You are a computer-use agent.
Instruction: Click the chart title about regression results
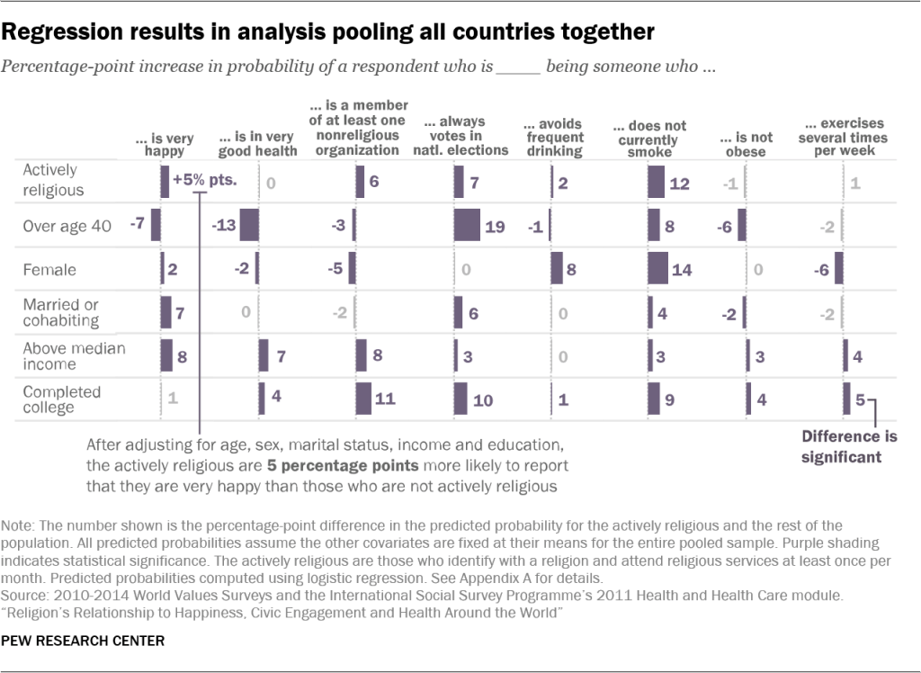[328, 32]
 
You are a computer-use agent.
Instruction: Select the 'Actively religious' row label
[53, 180]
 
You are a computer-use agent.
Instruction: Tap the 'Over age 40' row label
[67, 227]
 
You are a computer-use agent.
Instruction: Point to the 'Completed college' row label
[61, 399]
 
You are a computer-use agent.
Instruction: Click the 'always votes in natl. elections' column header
[461, 136]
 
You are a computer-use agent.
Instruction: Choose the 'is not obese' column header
[746, 144]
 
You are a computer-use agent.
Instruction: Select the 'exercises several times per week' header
[842, 138]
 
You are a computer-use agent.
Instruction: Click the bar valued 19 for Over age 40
[467, 225]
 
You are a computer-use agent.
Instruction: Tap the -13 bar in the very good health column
[249, 225]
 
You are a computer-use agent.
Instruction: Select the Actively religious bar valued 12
[656, 183]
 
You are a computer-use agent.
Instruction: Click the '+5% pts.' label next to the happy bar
[204, 179]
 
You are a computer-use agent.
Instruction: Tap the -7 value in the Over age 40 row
[138, 224]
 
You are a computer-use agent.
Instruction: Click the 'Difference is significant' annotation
[841, 446]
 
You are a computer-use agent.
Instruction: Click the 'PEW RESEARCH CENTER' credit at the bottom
[84, 642]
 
